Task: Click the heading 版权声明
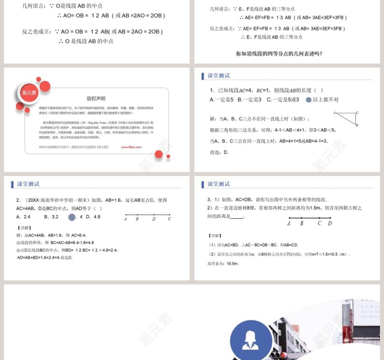[96, 98]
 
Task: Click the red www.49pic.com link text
[131, 147]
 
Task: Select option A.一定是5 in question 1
[222, 100]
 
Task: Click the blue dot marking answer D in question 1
[309, 100]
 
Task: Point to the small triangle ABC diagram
[346, 118]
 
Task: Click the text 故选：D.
[219, 152]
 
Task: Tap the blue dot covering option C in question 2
[71, 217]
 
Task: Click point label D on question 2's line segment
[154, 219]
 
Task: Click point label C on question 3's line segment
[319, 223]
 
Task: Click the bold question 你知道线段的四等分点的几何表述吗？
[279, 53]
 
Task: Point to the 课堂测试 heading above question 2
[28, 184]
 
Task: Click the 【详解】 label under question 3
[214, 236]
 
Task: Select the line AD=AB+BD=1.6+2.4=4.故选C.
[44, 258]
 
